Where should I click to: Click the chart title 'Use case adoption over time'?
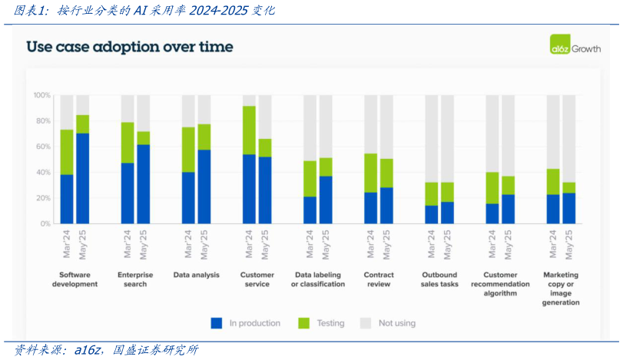pos(130,47)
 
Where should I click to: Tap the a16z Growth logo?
pos(575,45)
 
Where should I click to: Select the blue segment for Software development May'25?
pos(83,178)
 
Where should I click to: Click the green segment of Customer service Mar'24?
pos(249,130)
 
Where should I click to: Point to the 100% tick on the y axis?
pos(41,95)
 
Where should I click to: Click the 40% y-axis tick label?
pos(43,172)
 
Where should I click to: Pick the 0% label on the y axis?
pos(45,223)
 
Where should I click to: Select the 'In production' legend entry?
pos(246,323)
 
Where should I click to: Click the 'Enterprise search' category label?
pos(135,279)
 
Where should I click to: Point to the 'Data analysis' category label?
pos(196,275)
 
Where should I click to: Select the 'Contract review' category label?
pos(379,279)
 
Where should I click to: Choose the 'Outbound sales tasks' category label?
pos(439,279)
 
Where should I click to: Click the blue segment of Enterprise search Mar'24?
pos(128,193)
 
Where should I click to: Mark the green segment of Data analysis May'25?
pos(204,137)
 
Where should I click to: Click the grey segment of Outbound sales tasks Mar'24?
pos(432,138)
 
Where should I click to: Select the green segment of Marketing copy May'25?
pos(568,187)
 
